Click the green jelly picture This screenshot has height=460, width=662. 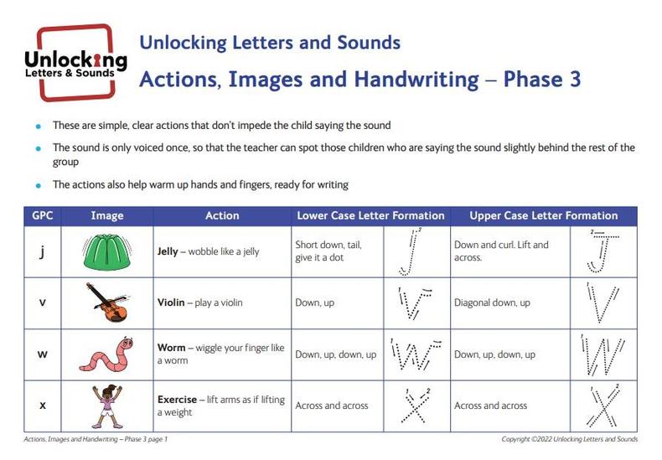(106, 252)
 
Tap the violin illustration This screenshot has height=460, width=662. (109, 302)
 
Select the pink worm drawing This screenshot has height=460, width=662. (107, 354)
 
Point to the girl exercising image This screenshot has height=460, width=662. (107, 406)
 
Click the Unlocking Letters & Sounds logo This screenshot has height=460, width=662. (76, 63)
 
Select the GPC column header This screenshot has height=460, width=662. (42, 215)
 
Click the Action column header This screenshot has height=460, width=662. (222, 215)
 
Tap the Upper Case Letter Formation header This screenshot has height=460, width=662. (543, 215)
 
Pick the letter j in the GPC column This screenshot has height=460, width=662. (42, 252)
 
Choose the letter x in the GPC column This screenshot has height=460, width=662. (42, 406)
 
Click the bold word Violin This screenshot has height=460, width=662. (171, 302)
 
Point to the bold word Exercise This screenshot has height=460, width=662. (178, 399)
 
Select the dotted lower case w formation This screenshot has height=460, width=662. (416, 354)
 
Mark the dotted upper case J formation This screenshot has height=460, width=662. (603, 252)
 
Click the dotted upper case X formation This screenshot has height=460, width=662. (604, 406)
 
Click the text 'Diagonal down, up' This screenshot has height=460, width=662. (492, 302)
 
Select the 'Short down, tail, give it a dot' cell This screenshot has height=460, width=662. (328, 251)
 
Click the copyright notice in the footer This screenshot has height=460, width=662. (570, 439)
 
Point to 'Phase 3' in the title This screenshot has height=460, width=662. (542, 80)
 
